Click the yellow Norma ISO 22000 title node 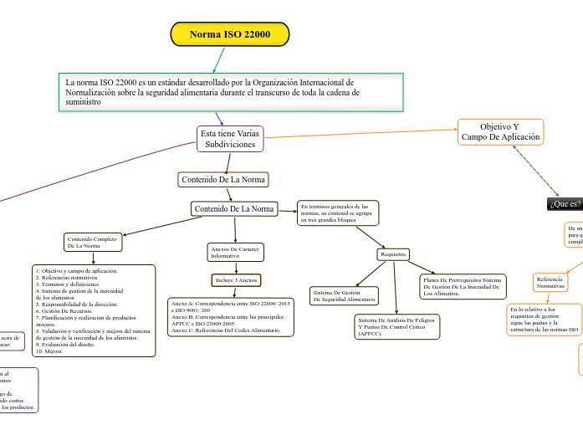click(x=230, y=34)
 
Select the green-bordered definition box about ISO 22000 click(x=233, y=92)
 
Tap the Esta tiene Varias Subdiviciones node click(x=230, y=139)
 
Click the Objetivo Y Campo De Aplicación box click(x=500, y=132)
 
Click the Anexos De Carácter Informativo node click(x=236, y=252)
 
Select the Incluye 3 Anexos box click(x=236, y=279)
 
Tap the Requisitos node click(x=392, y=253)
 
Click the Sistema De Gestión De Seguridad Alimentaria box click(x=343, y=296)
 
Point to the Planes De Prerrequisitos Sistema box click(x=463, y=286)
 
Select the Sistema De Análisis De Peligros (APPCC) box click(x=396, y=325)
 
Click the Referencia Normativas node click(x=550, y=283)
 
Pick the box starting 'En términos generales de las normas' click(x=337, y=212)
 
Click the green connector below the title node click(x=219, y=59)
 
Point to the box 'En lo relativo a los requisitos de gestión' click(x=544, y=319)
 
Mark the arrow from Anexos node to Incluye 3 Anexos click(x=236, y=267)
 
